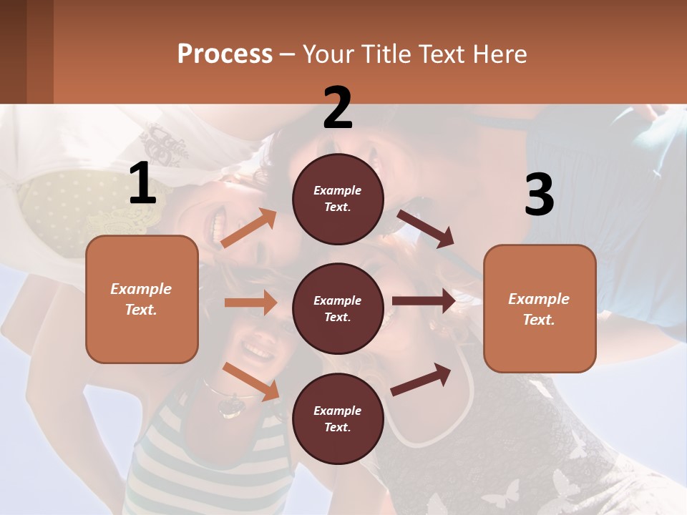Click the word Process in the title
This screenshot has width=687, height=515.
[x=225, y=54]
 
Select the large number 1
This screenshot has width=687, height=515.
[x=142, y=184]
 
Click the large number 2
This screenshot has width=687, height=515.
[x=338, y=108]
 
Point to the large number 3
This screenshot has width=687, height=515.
[x=539, y=195]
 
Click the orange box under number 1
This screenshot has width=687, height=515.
[x=142, y=299]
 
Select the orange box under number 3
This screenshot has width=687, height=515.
[x=540, y=309]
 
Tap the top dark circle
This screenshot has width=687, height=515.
[x=338, y=199]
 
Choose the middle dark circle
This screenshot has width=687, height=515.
[x=338, y=309]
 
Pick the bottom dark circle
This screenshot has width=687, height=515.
[x=338, y=419]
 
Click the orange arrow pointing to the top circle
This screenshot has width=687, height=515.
[x=249, y=228]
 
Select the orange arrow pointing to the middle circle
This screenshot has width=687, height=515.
[x=250, y=303]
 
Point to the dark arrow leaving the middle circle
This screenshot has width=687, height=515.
[x=424, y=301]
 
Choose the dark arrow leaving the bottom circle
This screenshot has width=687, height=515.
[x=421, y=379]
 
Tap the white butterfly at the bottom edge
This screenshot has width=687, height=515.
[x=501, y=494]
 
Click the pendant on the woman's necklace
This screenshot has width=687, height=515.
[x=231, y=406]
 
